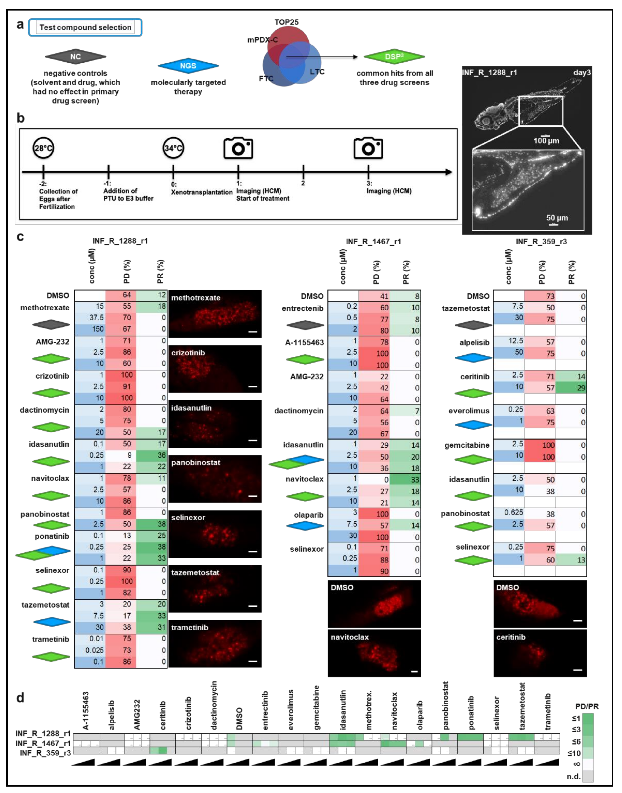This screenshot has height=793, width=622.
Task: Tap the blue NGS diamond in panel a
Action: pos(188,66)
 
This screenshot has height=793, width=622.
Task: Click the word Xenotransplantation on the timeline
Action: pos(202,192)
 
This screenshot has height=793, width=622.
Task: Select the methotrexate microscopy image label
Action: pos(196,298)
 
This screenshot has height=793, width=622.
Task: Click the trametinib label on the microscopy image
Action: pos(190,627)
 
